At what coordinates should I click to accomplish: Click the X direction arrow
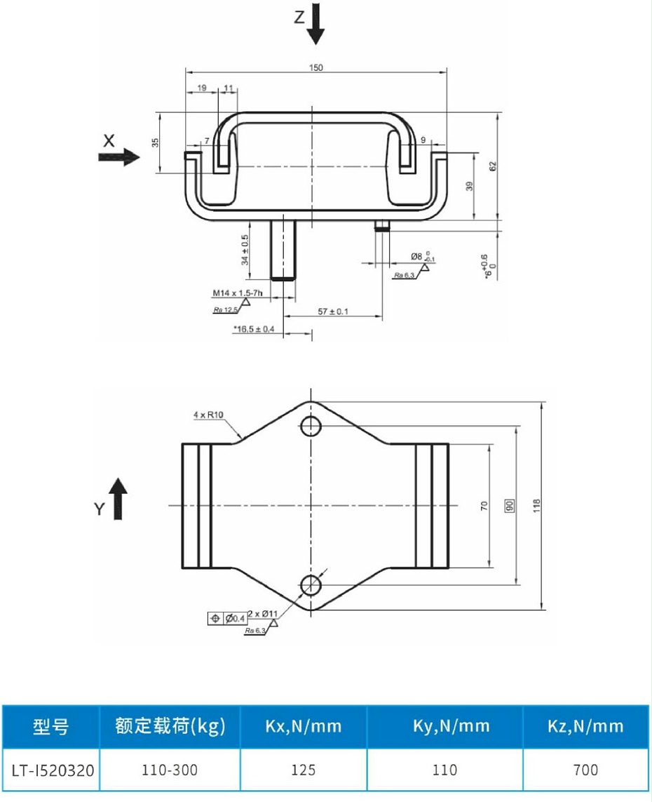[119, 157]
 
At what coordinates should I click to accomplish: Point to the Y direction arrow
[118, 499]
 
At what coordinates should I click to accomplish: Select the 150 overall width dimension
[316, 67]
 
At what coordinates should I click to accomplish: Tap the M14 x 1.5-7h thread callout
[238, 293]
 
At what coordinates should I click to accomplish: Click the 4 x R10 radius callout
[208, 415]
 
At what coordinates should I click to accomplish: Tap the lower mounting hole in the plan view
[311, 583]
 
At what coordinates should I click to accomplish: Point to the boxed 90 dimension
[510, 504]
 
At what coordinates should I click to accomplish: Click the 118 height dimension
[537, 504]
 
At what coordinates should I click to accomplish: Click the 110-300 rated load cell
[170, 770]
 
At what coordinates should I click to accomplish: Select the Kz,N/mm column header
[585, 726]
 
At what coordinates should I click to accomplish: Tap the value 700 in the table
[585, 770]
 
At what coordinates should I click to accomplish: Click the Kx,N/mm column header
[303, 726]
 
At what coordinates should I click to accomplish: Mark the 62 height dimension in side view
[492, 166]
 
